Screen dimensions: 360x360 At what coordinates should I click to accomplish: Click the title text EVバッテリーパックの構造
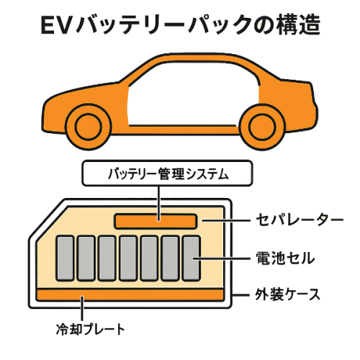point(181,24)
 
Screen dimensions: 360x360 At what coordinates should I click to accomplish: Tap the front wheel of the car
point(88,127)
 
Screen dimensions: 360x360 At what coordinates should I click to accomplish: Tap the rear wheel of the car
point(262,127)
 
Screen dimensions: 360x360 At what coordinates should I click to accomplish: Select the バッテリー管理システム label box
point(167,173)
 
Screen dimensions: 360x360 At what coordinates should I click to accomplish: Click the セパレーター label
point(300,220)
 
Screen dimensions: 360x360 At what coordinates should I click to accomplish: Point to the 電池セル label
point(285,258)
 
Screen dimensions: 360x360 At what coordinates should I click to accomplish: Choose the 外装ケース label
point(287,294)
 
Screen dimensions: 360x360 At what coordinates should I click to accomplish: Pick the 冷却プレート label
point(91,329)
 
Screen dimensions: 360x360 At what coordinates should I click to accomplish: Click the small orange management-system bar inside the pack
point(156,221)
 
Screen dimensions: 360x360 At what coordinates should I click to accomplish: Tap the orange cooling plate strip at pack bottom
point(130,295)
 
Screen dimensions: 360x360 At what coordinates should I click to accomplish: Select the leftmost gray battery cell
point(65,258)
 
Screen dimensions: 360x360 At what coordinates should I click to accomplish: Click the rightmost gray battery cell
point(192,258)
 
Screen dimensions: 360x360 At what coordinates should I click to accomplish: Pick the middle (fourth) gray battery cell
point(128,258)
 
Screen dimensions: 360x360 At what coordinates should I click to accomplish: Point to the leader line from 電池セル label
point(221,258)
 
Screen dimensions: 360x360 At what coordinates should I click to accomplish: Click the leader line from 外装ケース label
point(241,295)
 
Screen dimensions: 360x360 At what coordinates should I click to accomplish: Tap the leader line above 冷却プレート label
point(82,308)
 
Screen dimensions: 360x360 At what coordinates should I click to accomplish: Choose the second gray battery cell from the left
point(86,258)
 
